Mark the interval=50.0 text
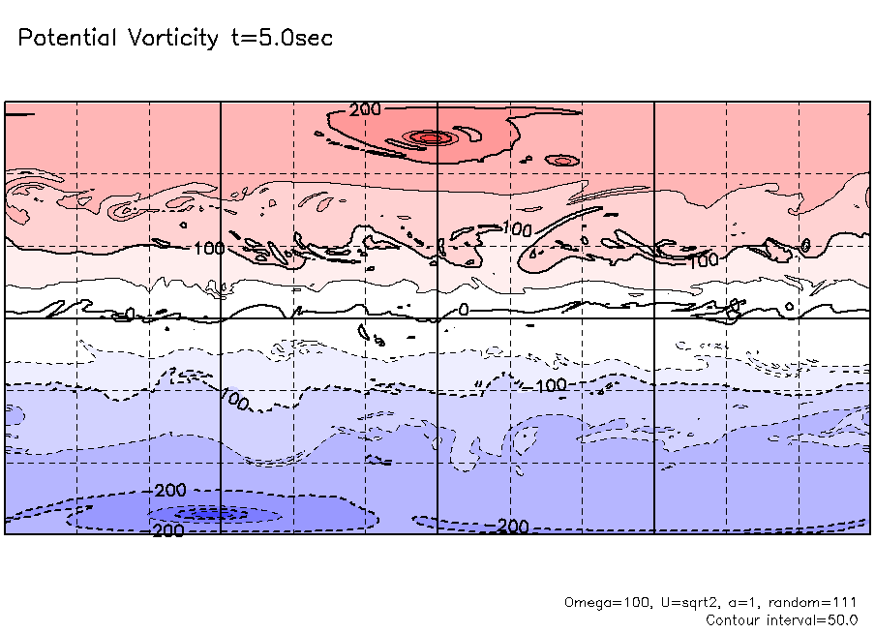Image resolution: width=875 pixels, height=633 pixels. (x=813, y=619)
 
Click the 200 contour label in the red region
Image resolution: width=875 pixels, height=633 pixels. (x=366, y=109)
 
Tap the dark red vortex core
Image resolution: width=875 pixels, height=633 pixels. (x=429, y=137)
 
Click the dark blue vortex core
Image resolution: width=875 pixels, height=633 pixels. (x=215, y=514)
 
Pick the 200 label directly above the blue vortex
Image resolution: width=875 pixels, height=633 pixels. (x=170, y=492)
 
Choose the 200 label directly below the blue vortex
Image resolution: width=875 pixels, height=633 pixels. (x=168, y=531)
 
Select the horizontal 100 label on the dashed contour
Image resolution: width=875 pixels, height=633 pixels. (x=551, y=385)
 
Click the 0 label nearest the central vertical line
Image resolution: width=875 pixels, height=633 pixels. (x=463, y=310)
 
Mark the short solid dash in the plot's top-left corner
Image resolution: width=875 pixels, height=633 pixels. (x=20, y=114)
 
